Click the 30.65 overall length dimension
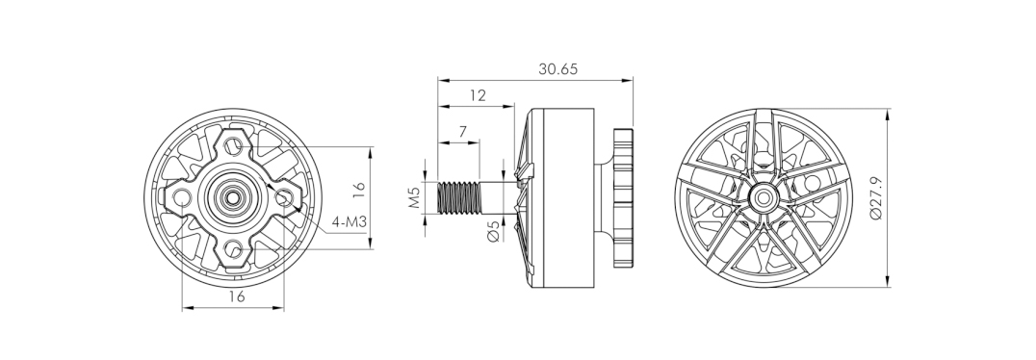[557, 68]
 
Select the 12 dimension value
[478, 95]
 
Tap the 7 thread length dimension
[462, 132]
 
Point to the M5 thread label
[414, 197]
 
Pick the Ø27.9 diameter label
[877, 197]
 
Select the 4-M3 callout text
[349, 222]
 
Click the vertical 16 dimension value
[358, 190]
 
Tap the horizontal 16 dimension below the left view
[236, 296]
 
